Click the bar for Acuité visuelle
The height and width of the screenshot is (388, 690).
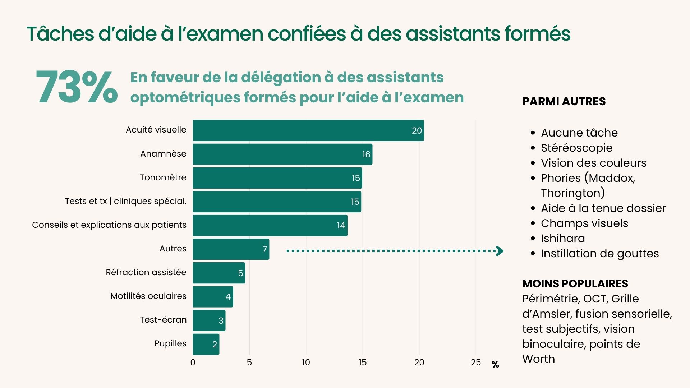(308, 130)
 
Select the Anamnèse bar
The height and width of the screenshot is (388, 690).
(282, 154)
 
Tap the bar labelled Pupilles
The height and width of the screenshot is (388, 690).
(206, 344)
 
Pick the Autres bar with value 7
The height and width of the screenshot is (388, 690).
(231, 249)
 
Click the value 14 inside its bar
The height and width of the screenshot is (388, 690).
(341, 226)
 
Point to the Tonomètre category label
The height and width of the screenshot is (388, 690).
(163, 177)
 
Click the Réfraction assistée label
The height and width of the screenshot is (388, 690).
(146, 272)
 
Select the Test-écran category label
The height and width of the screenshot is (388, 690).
(163, 320)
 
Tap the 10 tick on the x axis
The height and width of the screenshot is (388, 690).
(306, 362)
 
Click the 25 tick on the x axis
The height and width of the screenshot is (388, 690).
(475, 362)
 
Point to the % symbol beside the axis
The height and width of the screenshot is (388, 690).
(495, 365)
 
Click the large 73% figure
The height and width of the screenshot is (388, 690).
(77, 87)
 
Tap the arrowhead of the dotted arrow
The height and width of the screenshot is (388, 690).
(500, 251)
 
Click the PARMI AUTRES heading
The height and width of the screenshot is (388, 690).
(563, 102)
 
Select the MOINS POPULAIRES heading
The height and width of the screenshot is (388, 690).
(575, 284)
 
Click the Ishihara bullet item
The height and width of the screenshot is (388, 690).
(563, 239)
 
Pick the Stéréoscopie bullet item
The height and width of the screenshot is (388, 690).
(576, 148)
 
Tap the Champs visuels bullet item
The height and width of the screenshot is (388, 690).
(584, 223)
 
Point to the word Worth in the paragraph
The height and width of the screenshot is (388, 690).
(538, 359)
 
